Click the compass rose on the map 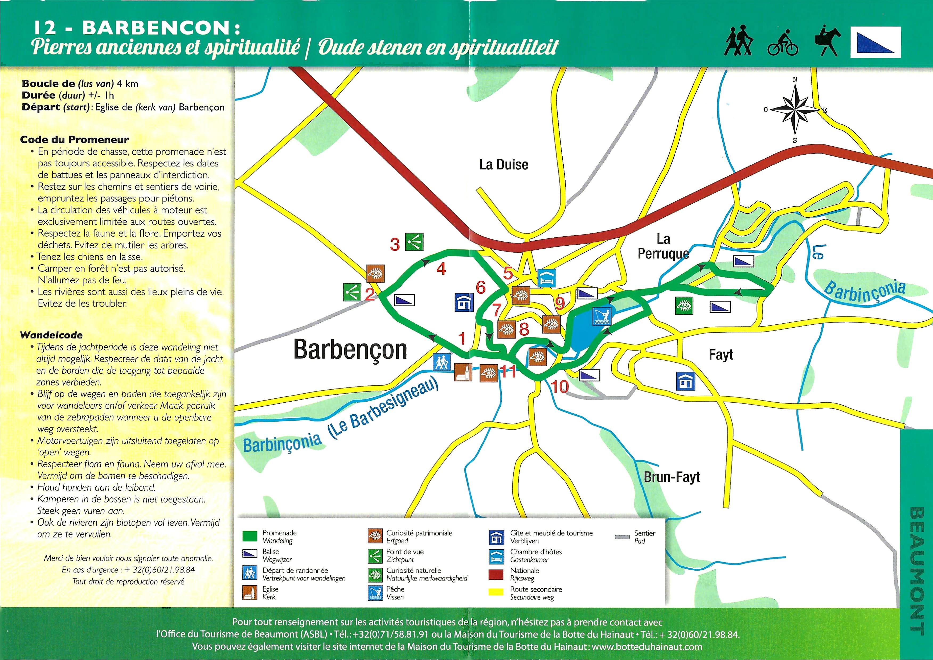[795, 110]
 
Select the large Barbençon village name [350, 349]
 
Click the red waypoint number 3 [395, 245]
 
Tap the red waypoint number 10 [559, 386]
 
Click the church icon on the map [463, 372]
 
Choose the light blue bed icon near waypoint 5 [547, 278]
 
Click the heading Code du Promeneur [74, 140]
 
